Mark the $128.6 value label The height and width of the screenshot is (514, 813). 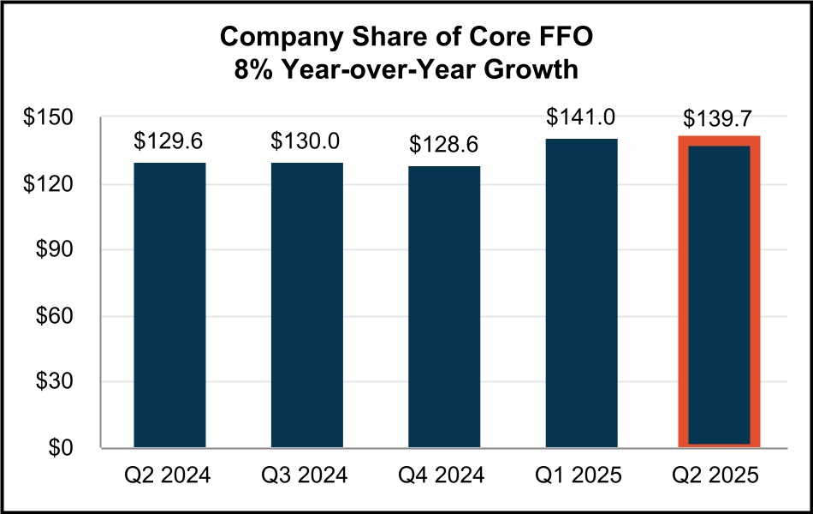444,144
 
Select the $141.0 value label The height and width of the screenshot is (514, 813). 581,117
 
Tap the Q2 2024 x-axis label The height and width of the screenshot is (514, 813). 169,474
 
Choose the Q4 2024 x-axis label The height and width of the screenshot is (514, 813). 444,474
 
